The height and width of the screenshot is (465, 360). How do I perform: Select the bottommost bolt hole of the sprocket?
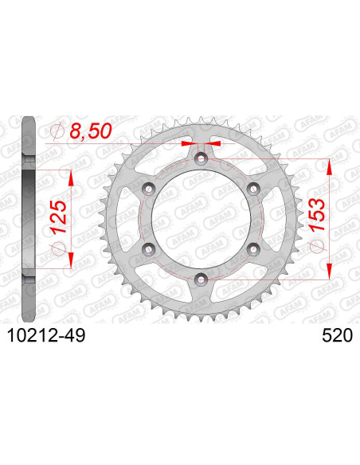[200, 278]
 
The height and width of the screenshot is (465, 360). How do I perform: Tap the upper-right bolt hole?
[252, 189]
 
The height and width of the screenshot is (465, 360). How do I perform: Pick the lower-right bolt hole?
[252, 249]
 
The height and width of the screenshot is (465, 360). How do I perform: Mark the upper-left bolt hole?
[148, 189]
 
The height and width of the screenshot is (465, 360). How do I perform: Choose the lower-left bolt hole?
[148, 249]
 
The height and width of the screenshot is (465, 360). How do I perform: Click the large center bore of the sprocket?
[200, 219]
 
